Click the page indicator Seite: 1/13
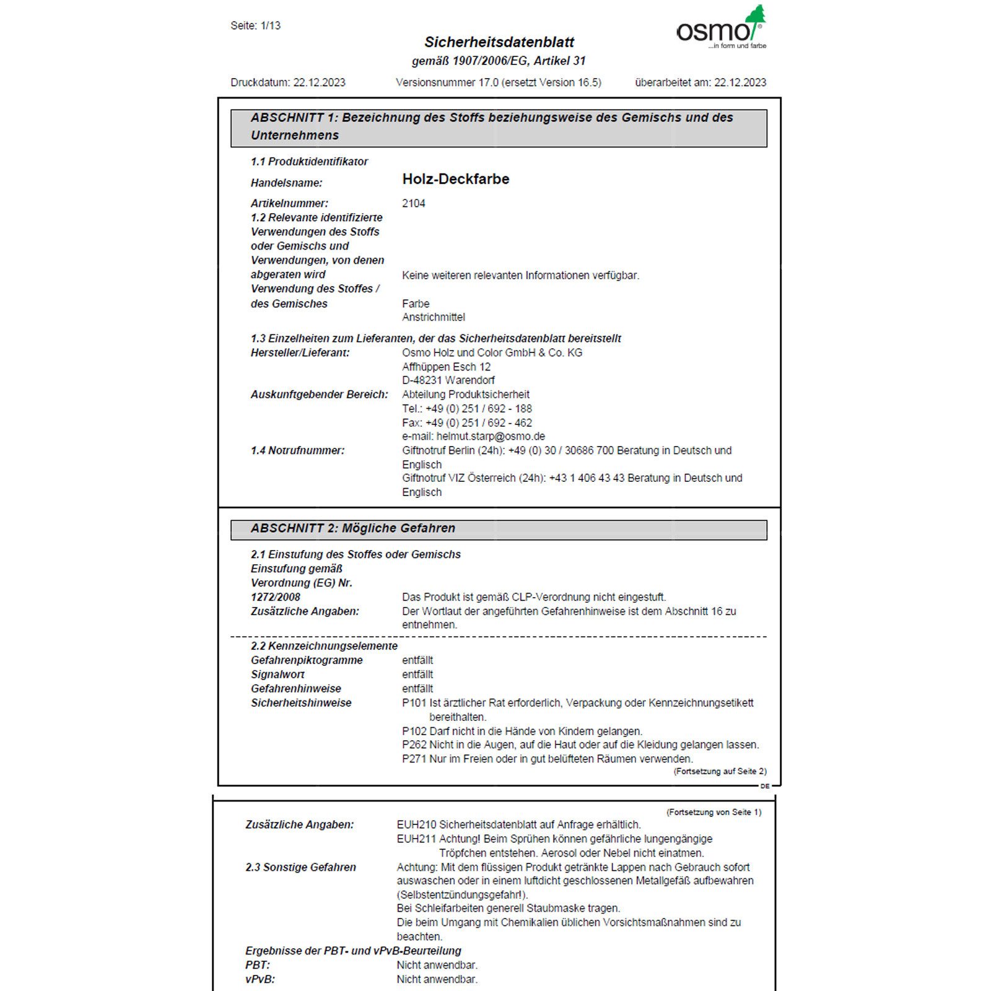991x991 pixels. point(255,26)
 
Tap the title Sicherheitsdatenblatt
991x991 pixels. point(499,42)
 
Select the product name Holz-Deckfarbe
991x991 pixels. point(455,179)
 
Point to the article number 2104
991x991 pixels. point(413,203)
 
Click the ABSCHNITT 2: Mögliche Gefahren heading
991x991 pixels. point(352,528)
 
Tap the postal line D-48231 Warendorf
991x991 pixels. point(448,380)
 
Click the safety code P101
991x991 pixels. point(414,703)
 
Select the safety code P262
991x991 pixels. point(414,744)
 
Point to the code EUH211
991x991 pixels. point(416,839)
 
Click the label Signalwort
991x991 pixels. point(277,674)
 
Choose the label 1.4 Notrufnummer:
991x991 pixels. point(297,450)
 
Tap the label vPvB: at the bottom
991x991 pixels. point(260,979)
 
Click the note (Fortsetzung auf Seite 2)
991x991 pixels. point(720,772)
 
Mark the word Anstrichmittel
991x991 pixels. point(433,317)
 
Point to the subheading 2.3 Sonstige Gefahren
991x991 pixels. point(300,867)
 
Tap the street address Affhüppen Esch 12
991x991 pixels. point(446,367)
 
